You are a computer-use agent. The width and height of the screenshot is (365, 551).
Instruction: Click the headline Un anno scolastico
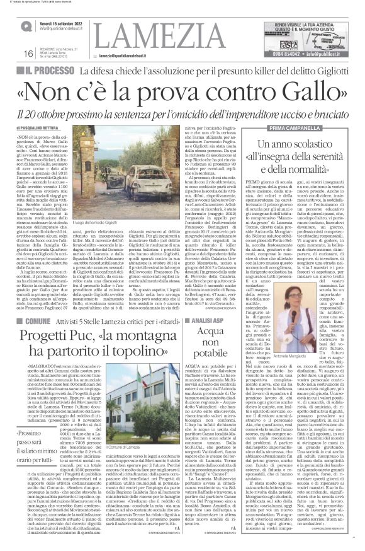[x=295, y=146]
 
